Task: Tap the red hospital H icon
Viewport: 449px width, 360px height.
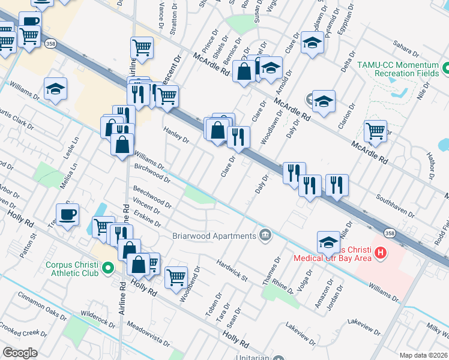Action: [379, 253]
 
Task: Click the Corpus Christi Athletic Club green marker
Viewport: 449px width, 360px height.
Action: [107, 267]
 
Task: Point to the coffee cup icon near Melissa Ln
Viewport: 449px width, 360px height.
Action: [67, 214]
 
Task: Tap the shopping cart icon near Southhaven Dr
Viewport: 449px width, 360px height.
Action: [375, 131]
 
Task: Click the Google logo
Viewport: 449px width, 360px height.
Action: [20, 353]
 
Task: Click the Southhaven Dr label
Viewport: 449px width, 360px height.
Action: [394, 205]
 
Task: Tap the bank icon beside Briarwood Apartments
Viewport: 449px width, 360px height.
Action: [264, 233]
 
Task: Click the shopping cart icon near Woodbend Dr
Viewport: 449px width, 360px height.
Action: [176, 277]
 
